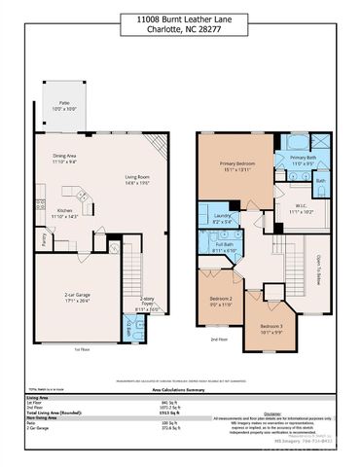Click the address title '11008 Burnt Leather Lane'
pyautogui.click(x=180, y=18)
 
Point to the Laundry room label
pyautogui.click(x=223, y=219)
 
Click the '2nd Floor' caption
pyautogui.click(x=220, y=340)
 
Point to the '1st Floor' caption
pyautogui.click(x=84, y=348)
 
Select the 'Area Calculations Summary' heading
pyautogui.click(x=180, y=386)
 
